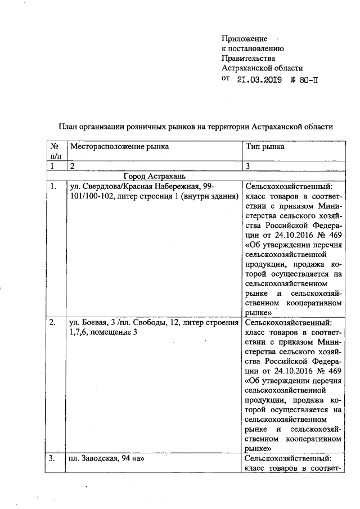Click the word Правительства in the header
pyautogui.click(x=248, y=58)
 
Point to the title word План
pyautogui.click(x=70, y=127)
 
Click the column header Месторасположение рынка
pyautogui.click(x=119, y=146)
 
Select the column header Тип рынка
pyautogui.click(x=265, y=146)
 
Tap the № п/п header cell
pyautogui.click(x=55, y=151)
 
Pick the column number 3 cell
pyautogui.click(x=248, y=166)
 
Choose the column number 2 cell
pyautogui.click(x=71, y=166)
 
